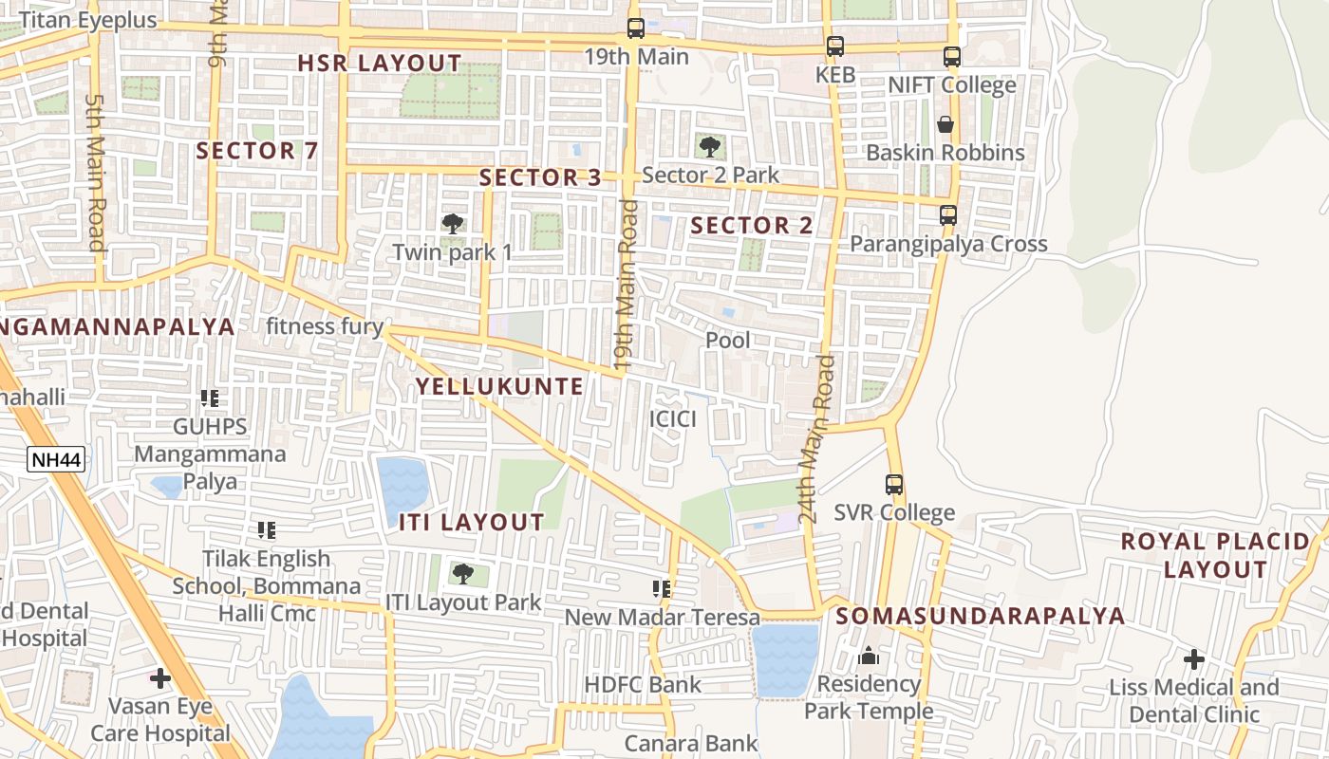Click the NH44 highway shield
point(56,460)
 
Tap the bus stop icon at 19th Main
point(636,28)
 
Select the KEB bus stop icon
point(835,46)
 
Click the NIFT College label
point(951,85)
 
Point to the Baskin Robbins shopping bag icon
point(945,124)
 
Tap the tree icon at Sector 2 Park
point(709,146)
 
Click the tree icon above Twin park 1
point(453,224)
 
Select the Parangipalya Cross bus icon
point(947,215)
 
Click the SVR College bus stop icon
point(894,485)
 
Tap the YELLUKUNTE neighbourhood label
point(499,386)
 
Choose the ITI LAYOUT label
point(471,522)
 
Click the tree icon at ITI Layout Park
point(462,573)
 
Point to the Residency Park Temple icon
point(869,656)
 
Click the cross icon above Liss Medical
point(1194,658)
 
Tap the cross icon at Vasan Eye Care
point(160,677)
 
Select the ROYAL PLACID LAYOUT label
point(1215,556)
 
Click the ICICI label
point(673,418)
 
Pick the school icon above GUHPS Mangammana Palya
point(210,398)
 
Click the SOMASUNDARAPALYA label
point(981,616)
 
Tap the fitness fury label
point(325,327)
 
